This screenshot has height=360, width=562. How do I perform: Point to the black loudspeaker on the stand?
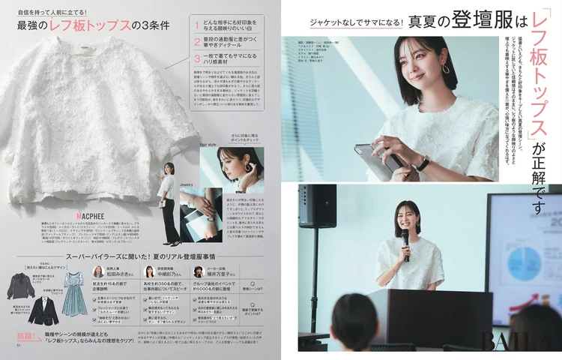coord(318,206)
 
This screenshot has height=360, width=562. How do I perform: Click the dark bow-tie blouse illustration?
coord(20,284)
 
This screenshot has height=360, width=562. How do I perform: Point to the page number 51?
coord(19,346)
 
